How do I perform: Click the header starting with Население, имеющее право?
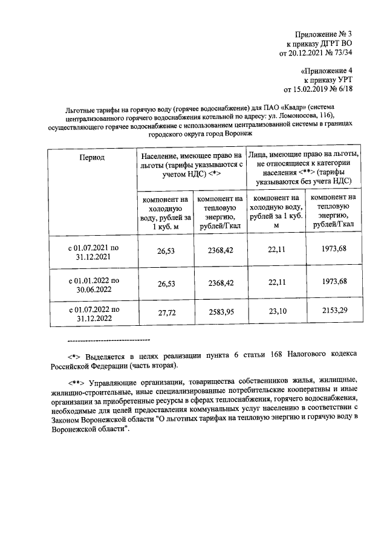pos(190,165)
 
